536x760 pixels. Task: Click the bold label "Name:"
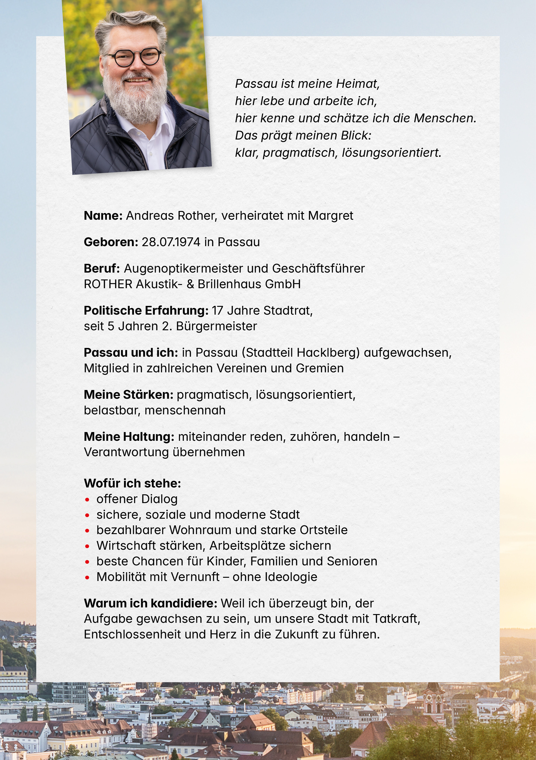[103, 216]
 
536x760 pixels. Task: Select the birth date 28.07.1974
[171, 242]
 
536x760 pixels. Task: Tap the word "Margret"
[331, 216]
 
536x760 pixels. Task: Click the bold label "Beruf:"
[102, 268]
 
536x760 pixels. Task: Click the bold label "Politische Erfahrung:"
[146, 310]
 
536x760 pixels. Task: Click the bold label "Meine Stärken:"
[129, 395]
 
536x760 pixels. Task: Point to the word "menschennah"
[185, 410]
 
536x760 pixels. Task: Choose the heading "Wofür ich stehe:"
[132, 483]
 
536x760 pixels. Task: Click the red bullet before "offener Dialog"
[87, 499]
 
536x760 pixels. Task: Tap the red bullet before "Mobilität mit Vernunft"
[87, 578]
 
